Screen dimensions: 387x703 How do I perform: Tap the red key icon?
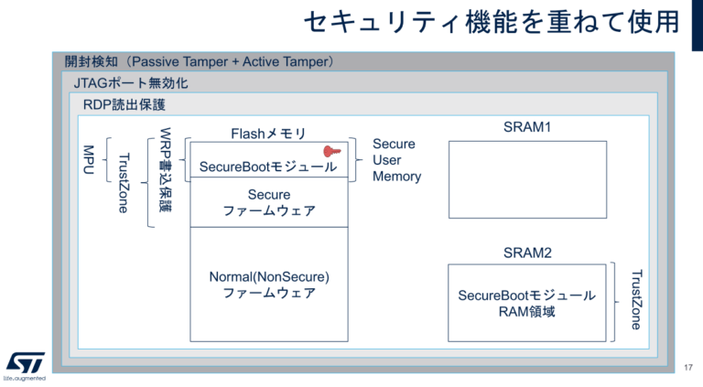click(331, 152)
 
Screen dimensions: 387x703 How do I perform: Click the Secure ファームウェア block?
click(269, 202)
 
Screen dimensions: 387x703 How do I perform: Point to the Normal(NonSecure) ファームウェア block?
click(269, 284)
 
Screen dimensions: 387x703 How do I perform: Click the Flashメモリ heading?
click(268, 134)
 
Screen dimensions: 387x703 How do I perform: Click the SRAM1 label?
click(526, 127)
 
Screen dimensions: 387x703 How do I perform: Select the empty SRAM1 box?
click(527, 178)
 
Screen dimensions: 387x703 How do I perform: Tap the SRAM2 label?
click(526, 251)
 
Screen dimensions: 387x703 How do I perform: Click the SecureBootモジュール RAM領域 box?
click(526, 303)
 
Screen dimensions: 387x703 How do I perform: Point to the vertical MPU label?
click(89, 161)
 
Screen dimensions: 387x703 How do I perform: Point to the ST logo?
click(22, 363)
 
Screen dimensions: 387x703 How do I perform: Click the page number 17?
click(688, 367)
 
